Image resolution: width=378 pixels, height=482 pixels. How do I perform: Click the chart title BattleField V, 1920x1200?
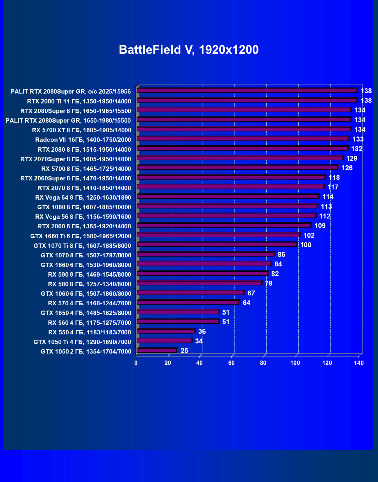click(x=189, y=50)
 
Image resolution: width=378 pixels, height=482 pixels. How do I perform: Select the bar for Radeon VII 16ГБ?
click(x=243, y=139)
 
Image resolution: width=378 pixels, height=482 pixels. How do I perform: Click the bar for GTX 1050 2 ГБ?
click(x=157, y=351)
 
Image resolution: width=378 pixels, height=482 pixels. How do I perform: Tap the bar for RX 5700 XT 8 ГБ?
click(x=244, y=129)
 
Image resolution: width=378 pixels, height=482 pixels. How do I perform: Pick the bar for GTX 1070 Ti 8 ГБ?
click(x=217, y=245)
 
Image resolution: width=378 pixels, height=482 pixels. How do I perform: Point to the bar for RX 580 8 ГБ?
click(x=199, y=283)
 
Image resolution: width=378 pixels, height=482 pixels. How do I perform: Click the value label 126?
click(x=347, y=168)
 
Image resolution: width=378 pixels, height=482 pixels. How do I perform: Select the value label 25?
click(x=184, y=351)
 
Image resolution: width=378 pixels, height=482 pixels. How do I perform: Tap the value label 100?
click(x=306, y=245)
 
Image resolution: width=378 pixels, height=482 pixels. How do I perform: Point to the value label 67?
click(x=251, y=293)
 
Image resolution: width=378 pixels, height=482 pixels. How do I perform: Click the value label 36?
click(x=202, y=332)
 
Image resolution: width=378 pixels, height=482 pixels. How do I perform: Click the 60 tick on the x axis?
click(x=231, y=363)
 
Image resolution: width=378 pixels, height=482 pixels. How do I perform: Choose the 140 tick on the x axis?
click(x=359, y=363)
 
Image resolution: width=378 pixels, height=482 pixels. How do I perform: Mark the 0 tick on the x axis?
click(x=136, y=363)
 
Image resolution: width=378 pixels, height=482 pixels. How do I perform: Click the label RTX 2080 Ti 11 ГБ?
click(x=79, y=101)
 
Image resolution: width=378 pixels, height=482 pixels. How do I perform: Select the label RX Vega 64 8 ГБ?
click(x=83, y=198)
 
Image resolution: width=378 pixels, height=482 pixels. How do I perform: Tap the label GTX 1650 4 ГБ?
click(x=86, y=313)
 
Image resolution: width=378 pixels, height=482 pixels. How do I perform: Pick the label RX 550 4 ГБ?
click(x=90, y=332)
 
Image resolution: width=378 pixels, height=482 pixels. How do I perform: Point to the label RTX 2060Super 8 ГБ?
click(x=76, y=178)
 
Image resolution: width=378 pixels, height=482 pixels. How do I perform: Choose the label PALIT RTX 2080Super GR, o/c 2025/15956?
click(x=70, y=92)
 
